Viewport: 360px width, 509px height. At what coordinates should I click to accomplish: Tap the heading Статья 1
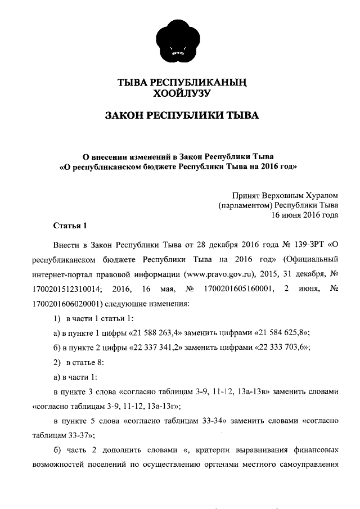[70, 227]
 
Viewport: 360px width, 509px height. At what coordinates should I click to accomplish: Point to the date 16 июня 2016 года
[305, 215]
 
